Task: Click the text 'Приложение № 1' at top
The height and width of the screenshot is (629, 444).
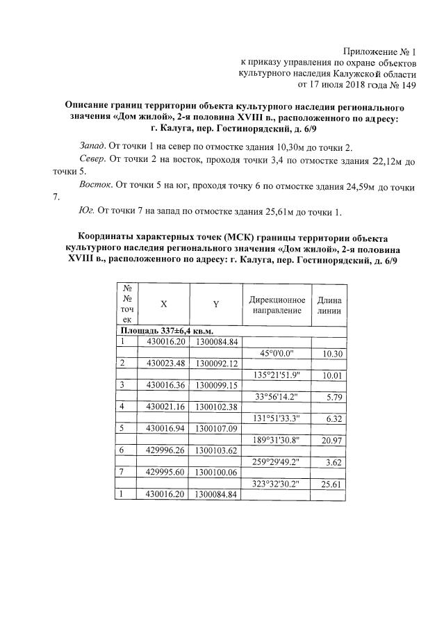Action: click(379, 51)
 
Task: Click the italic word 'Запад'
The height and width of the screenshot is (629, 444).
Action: click(92, 148)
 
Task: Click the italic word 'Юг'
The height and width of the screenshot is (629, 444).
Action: click(87, 211)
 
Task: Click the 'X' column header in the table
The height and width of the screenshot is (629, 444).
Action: click(164, 304)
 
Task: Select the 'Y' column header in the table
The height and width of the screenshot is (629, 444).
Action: click(216, 304)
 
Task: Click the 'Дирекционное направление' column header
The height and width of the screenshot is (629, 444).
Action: click(277, 304)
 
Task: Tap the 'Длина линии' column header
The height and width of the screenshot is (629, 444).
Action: click(329, 304)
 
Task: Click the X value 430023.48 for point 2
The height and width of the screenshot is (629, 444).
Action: click(164, 363)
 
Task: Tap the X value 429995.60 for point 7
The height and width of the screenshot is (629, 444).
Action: click(164, 472)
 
